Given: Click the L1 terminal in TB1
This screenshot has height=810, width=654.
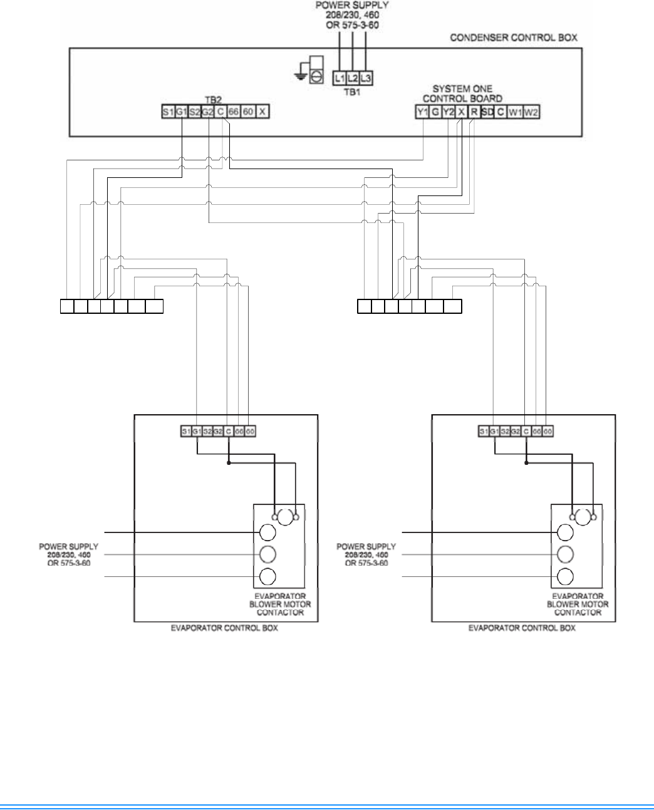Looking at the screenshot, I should (x=340, y=78).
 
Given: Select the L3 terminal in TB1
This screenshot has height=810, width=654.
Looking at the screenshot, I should (x=366, y=78).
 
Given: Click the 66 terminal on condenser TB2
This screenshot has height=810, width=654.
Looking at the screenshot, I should (x=234, y=112).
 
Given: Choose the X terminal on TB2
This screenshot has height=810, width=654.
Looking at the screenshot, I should (x=263, y=112).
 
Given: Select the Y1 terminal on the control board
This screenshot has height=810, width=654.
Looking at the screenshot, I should (x=422, y=113).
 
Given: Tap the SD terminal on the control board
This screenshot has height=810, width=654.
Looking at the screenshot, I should (x=488, y=113).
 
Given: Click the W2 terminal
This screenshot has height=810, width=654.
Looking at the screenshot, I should (x=531, y=113).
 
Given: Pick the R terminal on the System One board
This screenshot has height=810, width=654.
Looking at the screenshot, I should (x=475, y=113).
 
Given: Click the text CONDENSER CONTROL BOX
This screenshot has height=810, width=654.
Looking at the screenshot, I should (x=514, y=38).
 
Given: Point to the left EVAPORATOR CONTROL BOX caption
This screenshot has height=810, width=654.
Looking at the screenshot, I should (x=225, y=628).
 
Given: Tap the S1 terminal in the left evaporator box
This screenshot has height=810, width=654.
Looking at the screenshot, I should (x=186, y=432).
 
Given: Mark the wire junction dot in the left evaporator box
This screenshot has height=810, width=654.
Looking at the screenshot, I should (x=228, y=464).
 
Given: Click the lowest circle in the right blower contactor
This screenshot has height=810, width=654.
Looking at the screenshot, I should (x=565, y=577).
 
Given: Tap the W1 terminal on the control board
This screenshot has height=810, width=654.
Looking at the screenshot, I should (x=515, y=113).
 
